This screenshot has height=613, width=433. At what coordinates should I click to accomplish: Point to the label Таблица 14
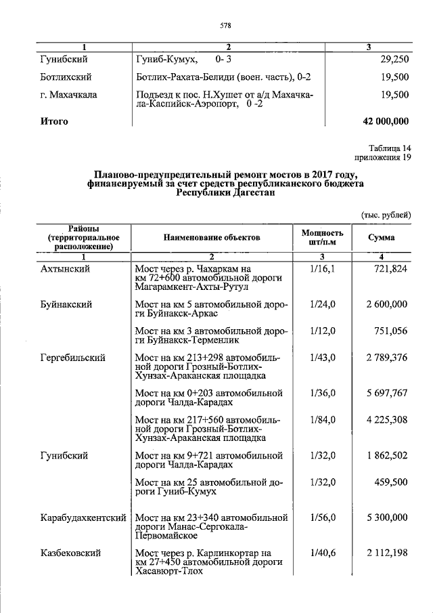[389, 148]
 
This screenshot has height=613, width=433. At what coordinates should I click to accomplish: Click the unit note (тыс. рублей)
[384, 215]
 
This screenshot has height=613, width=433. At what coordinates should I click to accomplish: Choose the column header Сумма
[382, 238]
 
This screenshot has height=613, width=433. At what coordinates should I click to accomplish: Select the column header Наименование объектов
[211, 238]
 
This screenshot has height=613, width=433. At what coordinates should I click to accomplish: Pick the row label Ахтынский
[65, 269]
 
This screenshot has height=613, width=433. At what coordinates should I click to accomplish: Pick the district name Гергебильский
[72, 357]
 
